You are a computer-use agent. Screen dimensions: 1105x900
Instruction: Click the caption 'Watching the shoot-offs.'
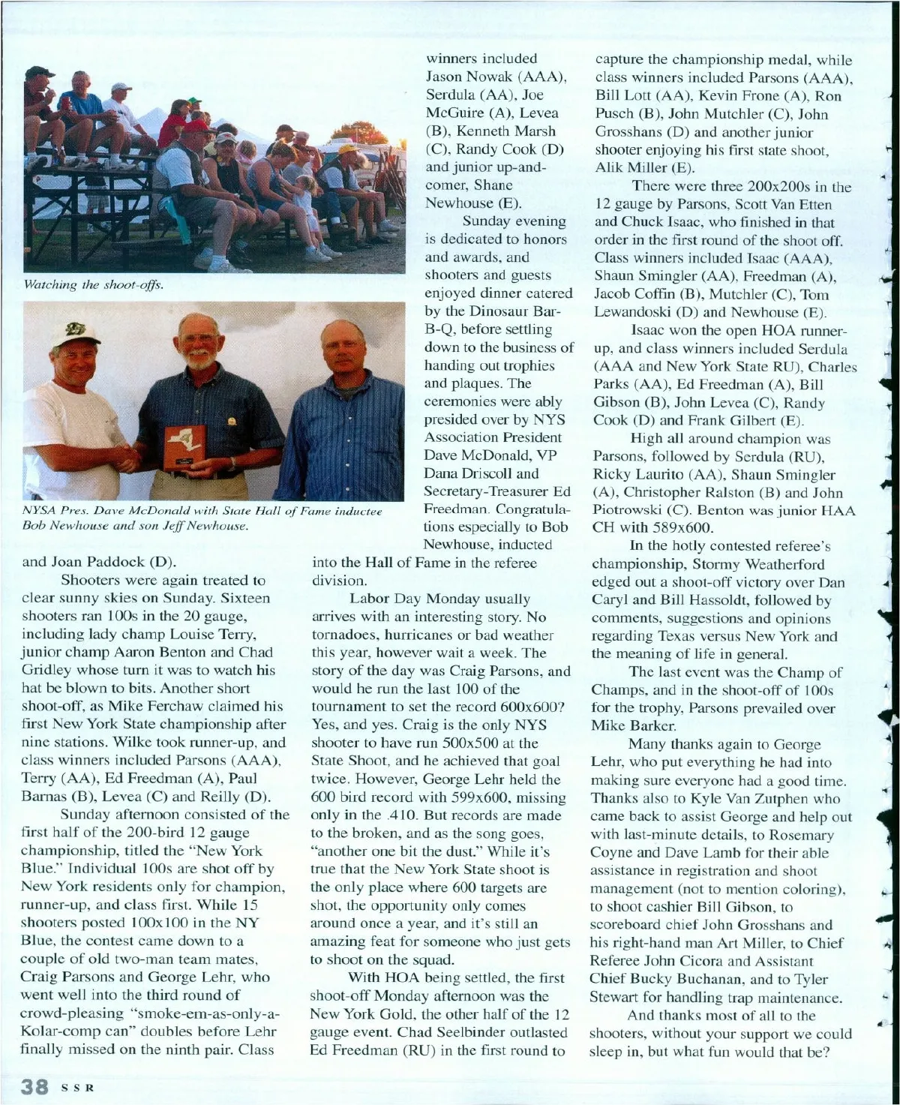(94, 285)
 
